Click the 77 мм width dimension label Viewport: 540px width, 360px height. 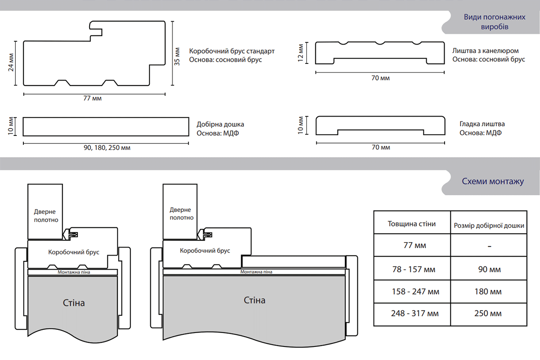click(94, 99)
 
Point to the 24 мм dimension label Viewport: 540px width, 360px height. click(11, 63)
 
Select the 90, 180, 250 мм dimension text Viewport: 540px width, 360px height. click(107, 148)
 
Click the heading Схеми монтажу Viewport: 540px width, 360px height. click(493, 182)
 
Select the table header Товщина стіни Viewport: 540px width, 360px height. click(412, 224)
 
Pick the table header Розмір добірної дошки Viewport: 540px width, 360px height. click(488, 225)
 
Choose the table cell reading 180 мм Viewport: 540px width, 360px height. click(488, 292)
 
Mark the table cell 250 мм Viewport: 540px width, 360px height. click(488, 313)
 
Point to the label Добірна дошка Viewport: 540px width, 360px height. click(220, 124)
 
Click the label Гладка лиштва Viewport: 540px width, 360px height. click(482, 124)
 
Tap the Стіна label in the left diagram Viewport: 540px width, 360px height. click(74, 302)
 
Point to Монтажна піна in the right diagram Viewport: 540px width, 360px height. click(256, 272)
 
